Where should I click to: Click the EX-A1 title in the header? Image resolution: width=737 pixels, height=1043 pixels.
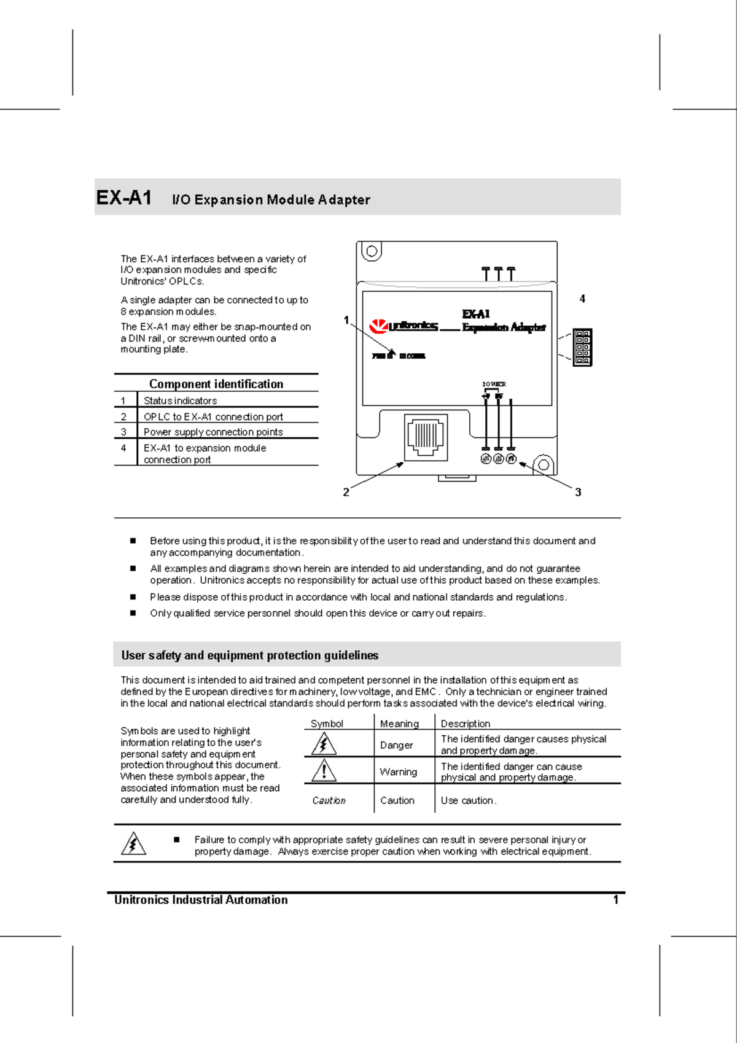[124, 198]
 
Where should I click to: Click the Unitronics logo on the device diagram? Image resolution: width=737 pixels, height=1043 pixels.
[403, 326]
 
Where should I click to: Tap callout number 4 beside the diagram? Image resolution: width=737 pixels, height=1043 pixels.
[582, 299]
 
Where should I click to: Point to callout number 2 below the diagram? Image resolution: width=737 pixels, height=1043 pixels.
[346, 492]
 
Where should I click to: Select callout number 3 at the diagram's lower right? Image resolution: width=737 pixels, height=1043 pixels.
[578, 492]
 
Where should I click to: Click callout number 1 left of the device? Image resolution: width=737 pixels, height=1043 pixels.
[346, 320]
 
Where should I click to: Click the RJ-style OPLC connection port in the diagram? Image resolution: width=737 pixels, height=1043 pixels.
[426, 437]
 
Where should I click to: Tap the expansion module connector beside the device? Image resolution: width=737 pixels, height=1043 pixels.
[582, 348]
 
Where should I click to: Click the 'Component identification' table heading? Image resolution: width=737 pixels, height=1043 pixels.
[216, 384]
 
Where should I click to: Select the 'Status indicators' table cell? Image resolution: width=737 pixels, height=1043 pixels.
[180, 400]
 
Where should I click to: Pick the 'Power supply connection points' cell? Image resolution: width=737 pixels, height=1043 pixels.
[213, 432]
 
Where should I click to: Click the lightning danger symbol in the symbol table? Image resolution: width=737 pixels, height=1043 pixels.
[324, 744]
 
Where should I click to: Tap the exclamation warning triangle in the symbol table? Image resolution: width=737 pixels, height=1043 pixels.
[324, 771]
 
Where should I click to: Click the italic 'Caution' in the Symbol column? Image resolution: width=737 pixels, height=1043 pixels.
[329, 800]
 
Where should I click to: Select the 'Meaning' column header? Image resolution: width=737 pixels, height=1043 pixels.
[399, 724]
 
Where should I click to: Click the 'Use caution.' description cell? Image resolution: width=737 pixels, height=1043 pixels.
[468, 800]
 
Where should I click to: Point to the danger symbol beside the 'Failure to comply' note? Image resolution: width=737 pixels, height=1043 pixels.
[133, 844]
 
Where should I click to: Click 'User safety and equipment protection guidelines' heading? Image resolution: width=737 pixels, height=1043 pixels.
[249, 655]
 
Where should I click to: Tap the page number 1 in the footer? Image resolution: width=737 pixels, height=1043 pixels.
[615, 900]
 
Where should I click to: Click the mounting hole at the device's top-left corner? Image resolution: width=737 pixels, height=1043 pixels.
[371, 251]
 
